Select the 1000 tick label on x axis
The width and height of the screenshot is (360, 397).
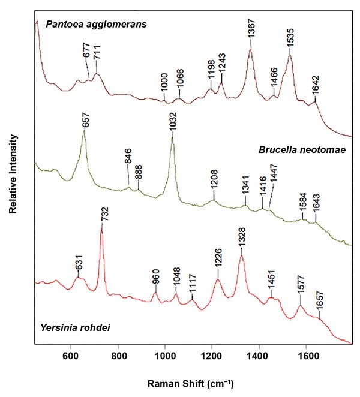point(165,355)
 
